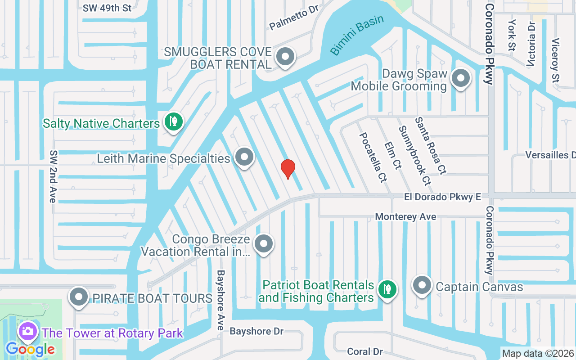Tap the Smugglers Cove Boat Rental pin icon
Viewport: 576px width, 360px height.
[x=284, y=57]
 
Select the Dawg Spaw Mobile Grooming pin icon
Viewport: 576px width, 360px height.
[x=460, y=79]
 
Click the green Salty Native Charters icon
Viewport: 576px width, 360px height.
[x=173, y=121]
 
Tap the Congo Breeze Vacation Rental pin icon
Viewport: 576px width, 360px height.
[x=264, y=244]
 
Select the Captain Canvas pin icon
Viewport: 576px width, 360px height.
[x=422, y=285]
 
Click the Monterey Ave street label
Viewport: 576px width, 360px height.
[x=405, y=216]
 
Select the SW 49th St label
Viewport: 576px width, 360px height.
[x=107, y=8]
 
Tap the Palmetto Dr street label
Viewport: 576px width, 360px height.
[x=294, y=18]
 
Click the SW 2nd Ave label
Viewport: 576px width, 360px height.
[x=53, y=175]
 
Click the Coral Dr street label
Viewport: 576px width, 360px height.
[x=364, y=351]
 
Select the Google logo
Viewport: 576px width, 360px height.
[x=30, y=349]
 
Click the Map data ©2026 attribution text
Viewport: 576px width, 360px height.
[x=538, y=353]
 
